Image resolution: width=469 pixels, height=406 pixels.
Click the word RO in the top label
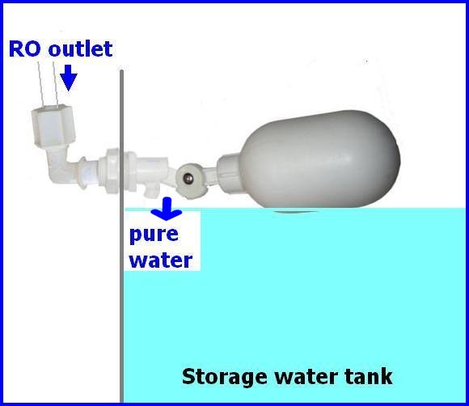pyautogui.click(x=24, y=49)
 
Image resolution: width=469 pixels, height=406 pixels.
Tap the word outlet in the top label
pyautogui.click(x=81, y=49)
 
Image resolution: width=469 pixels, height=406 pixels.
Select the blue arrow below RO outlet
pyautogui.click(x=69, y=78)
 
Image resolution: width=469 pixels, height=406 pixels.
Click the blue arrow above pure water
pyautogui.click(x=167, y=209)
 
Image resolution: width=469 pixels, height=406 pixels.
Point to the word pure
pyautogui.click(x=154, y=235)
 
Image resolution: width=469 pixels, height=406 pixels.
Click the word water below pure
pyautogui.click(x=161, y=260)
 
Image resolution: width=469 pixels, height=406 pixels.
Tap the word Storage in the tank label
pyautogui.click(x=224, y=377)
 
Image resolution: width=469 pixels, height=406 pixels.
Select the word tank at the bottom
pyautogui.click(x=368, y=376)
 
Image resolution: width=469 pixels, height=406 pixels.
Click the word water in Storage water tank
pyautogui.click(x=306, y=377)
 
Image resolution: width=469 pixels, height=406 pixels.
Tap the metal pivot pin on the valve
pyautogui.click(x=189, y=179)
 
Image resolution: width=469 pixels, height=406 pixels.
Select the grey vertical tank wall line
pyautogui.click(x=121, y=236)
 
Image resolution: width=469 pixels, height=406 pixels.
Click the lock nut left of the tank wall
pyautogui.click(x=109, y=171)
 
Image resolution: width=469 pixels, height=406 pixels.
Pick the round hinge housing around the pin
pyautogui.click(x=190, y=180)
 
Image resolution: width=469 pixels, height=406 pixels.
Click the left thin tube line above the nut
pyautogui.click(x=41, y=85)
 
